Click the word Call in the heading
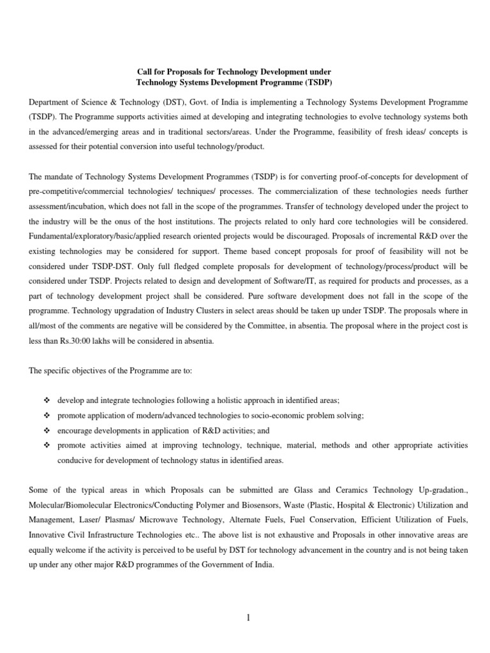[x=147, y=72]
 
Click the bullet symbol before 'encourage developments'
[x=46, y=430]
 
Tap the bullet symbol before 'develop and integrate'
[x=46, y=400]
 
